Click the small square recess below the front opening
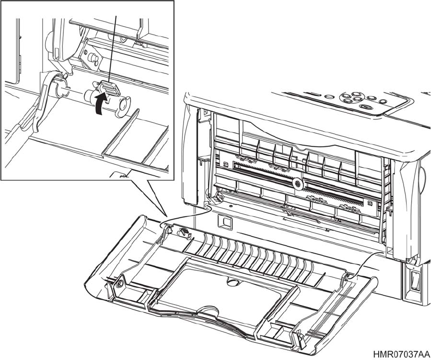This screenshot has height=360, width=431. (x=224, y=220)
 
